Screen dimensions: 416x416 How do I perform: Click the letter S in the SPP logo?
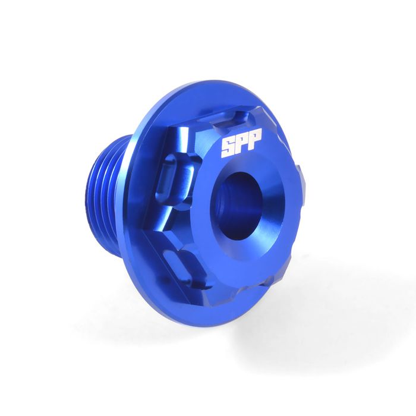[x=228, y=147]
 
